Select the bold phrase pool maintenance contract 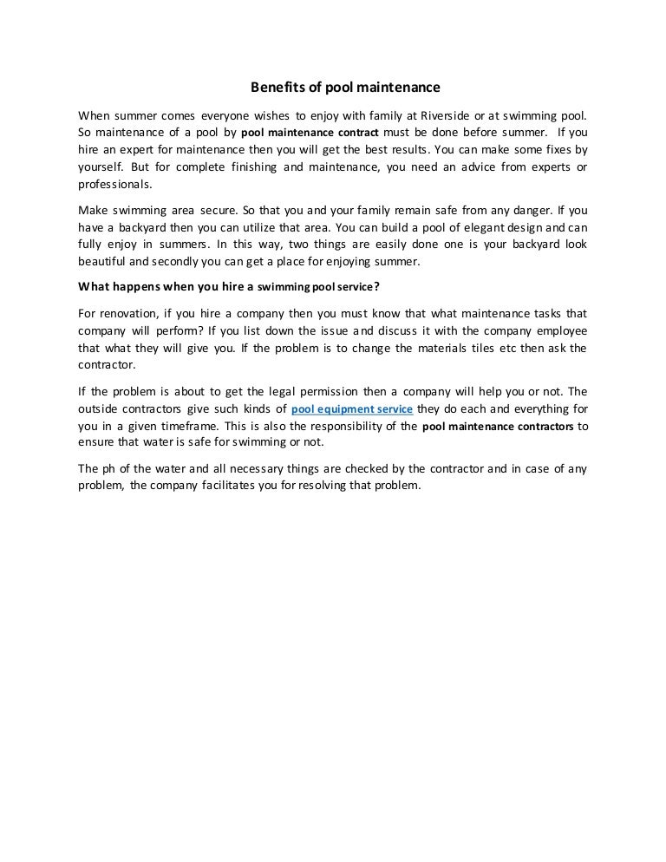point(304,134)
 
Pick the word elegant point(460,227)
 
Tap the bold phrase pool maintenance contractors point(499,427)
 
